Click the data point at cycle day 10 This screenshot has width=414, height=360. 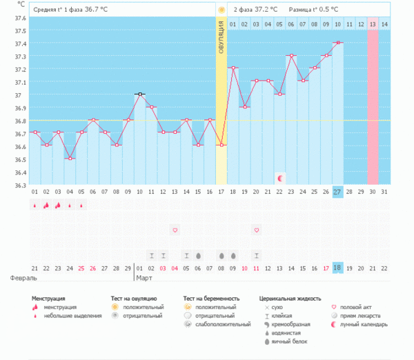pyautogui.click(x=140, y=94)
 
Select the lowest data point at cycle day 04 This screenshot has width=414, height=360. pyautogui.click(x=70, y=159)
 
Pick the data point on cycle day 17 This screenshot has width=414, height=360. pyautogui.click(x=221, y=145)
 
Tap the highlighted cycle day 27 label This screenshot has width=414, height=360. pyautogui.click(x=337, y=191)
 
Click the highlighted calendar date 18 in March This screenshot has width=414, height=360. pyautogui.click(x=337, y=268)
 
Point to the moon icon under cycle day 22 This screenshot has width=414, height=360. pyautogui.click(x=279, y=178)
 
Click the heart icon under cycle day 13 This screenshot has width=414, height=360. pyautogui.click(x=175, y=229)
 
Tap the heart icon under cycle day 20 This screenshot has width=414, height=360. pyautogui.click(x=257, y=229)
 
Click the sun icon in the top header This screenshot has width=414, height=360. pyautogui.click(x=221, y=10)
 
